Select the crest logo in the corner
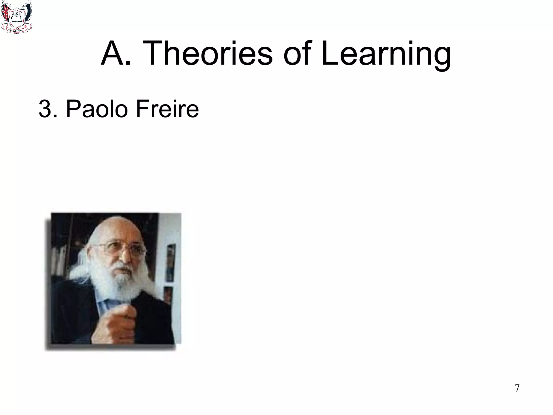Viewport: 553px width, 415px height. [16, 17]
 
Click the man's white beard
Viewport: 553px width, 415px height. [123, 284]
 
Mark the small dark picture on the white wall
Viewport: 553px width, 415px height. [170, 262]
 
